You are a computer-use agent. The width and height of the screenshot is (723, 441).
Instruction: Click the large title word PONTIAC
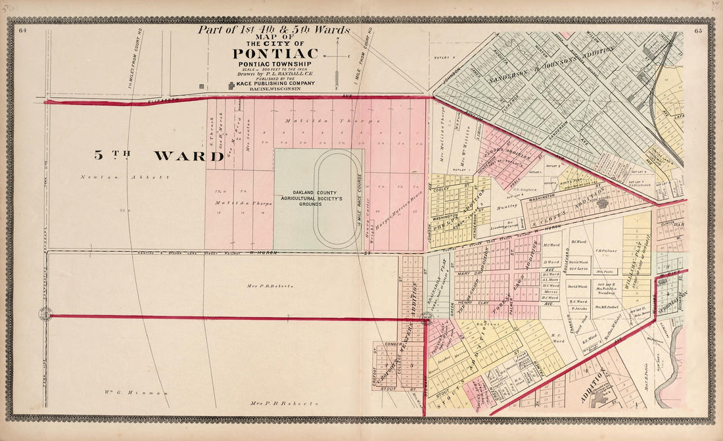(275, 53)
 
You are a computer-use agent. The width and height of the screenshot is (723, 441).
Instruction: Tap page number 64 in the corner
(22, 30)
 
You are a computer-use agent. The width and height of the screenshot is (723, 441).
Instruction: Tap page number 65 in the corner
(698, 31)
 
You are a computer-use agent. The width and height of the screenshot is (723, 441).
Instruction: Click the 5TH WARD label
(158, 156)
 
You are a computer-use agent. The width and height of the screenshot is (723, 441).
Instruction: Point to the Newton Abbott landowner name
(125, 177)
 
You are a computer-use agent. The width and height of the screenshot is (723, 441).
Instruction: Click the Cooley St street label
(442, 189)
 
